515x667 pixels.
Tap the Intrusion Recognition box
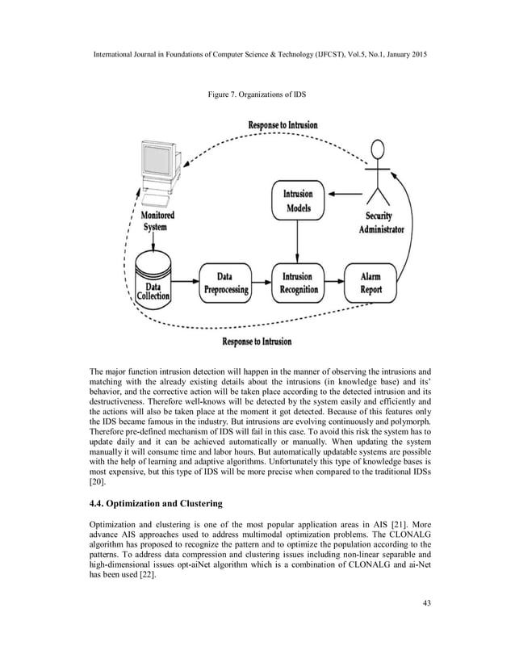click(297, 283)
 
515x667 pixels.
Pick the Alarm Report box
click(371, 283)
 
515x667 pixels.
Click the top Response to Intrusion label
click(283, 125)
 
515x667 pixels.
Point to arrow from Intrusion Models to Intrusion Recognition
click(297, 241)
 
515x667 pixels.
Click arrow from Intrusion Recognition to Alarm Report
click(335, 283)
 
